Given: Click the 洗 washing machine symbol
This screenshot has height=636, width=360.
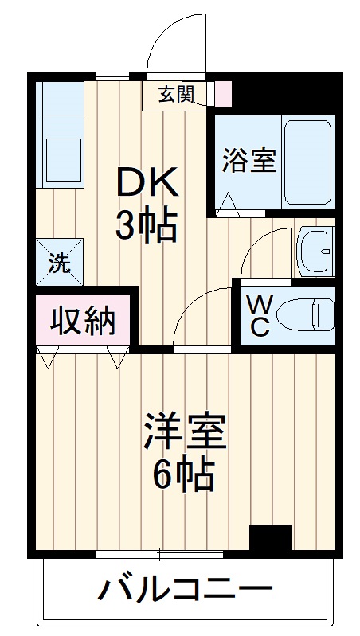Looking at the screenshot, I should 58,262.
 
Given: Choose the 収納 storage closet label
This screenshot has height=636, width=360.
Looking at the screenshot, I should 83,322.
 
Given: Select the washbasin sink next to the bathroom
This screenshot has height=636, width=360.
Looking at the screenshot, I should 315,251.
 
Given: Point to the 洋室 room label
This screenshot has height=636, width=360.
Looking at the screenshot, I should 185,431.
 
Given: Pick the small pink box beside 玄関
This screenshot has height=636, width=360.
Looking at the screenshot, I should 223,94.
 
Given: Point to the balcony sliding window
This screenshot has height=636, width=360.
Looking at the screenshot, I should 159,552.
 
